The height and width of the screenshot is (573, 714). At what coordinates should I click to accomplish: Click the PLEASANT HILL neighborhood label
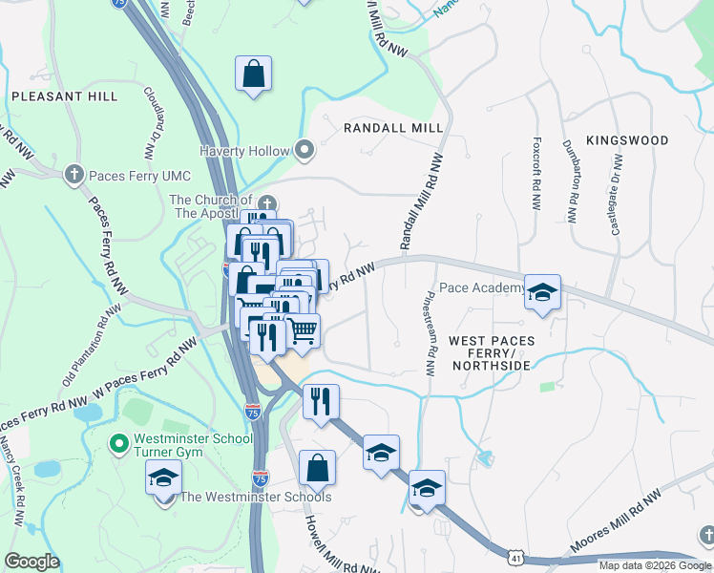click(x=65, y=96)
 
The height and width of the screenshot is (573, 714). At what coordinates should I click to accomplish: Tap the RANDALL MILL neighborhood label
click(x=393, y=127)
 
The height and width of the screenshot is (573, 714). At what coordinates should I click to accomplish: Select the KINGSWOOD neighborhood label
click(x=627, y=140)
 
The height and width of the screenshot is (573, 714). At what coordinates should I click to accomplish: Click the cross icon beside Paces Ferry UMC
click(x=74, y=175)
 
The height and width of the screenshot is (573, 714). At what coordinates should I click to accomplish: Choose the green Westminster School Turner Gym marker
click(x=119, y=443)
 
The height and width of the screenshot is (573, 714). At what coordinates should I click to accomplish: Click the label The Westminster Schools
click(x=257, y=497)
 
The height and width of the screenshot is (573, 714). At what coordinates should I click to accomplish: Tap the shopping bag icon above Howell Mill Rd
click(x=317, y=468)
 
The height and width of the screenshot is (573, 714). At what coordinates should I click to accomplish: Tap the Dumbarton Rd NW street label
click(x=575, y=187)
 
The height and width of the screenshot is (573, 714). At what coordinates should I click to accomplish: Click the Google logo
click(x=31, y=562)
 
